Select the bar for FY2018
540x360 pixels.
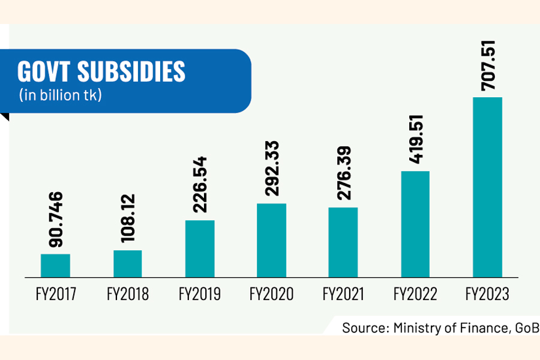[x=127, y=263]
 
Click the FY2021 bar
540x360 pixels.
[x=343, y=242]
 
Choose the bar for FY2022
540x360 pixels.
[x=415, y=224]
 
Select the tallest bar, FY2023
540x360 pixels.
[x=487, y=187]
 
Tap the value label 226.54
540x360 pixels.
[x=199, y=185]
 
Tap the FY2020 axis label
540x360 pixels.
[x=271, y=295]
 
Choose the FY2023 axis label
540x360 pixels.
[x=487, y=295]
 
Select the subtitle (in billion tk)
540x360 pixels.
[x=60, y=95]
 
